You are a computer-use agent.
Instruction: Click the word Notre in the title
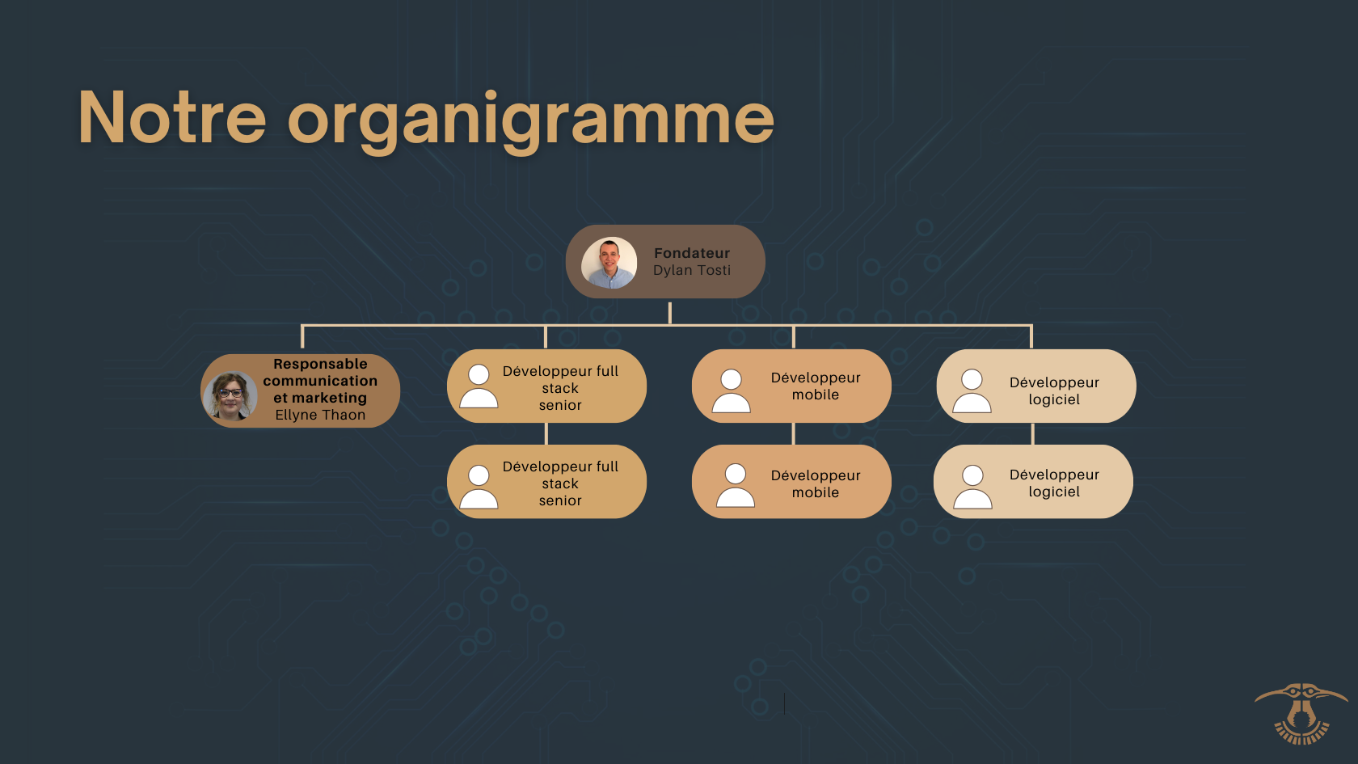tap(172, 117)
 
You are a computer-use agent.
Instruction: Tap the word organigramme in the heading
tap(530, 121)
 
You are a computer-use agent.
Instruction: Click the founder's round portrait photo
tap(609, 263)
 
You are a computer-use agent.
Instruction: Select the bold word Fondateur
tap(692, 253)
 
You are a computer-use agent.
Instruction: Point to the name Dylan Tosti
tap(692, 270)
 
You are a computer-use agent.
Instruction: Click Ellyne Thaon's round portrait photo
tap(230, 396)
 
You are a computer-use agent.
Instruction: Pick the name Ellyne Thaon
tap(320, 415)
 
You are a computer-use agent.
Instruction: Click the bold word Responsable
tap(320, 364)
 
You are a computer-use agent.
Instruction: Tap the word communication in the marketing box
tap(320, 381)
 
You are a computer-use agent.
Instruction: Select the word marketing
tap(329, 398)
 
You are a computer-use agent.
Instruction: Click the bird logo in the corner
tap(1301, 713)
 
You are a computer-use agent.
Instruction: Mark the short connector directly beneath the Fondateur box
tap(670, 314)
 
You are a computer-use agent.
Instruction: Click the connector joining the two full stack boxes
tap(546, 434)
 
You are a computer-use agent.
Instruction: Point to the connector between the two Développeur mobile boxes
tap(794, 434)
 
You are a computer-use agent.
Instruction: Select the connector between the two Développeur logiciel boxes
tap(1032, 434)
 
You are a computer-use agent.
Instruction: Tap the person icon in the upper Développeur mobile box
tap(731, 391)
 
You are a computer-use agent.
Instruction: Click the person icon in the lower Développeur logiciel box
tap(972, 487)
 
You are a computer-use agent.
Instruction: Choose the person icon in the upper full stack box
tap(479, 386)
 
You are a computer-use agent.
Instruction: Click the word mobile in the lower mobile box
tap(816, 492)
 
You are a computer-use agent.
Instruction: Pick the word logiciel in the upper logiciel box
tap(1054, 399)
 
